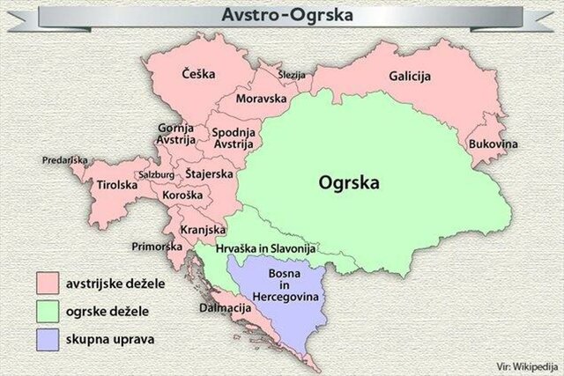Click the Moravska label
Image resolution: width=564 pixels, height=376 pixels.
(262, 100)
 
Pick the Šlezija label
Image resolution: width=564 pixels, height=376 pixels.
(291, 76)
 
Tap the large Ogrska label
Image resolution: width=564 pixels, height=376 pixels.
(349, 184)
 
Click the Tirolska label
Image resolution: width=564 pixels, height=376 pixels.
(116, 186)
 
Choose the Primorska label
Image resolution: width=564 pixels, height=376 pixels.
(155, 247)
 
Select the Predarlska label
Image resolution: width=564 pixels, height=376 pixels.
(64, 160)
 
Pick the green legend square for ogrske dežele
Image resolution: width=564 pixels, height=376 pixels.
(48, 311)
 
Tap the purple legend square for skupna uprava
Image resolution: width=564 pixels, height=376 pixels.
(48, 338)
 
